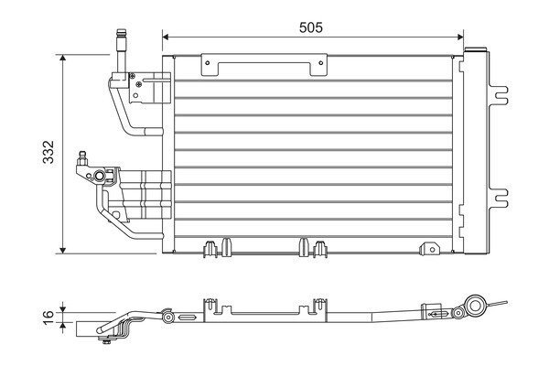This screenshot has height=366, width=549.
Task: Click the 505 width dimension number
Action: coord(311,27)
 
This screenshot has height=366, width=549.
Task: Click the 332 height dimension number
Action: coord(48,152)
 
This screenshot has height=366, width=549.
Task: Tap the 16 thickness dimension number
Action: coord(48,317)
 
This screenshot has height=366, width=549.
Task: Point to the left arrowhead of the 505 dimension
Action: coord(166,37)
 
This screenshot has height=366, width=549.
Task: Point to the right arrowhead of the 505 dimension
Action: coord(460,37)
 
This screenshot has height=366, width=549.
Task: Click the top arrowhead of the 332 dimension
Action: coord(62,59)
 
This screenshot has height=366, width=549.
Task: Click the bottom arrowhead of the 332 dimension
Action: coord(62,250)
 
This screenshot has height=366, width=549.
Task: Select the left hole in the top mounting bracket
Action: coord(208,63)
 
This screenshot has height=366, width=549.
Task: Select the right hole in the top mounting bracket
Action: coord(321,63)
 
